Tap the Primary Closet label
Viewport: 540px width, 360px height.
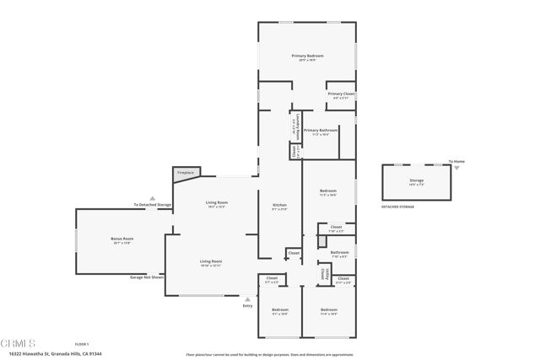[x=342, y=94]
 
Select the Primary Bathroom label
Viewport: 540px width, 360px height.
[x=321, y=131]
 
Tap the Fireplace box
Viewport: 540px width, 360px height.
[x=185, y=173]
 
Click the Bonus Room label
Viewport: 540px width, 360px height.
[x=123, y=239]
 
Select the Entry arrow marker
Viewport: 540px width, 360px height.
[x=247, y=298]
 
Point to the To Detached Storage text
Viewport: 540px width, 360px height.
[x=152, y=205]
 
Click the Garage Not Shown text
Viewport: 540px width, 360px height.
[x=147, y=277]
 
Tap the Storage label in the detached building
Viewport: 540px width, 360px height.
[x=417, y=180]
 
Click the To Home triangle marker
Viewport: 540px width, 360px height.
[x=456, y=167]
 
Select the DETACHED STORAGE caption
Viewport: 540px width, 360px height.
[x=398, y=207]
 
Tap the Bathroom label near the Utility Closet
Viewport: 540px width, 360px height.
[x=340, y=252]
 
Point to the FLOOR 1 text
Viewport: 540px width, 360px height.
[x=82, y=344]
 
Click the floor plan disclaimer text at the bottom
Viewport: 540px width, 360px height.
[x=268, y=354]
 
